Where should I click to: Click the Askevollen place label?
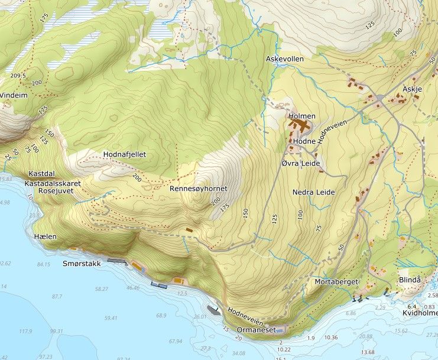(x=284, y=59)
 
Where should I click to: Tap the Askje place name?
(x=412, y=89)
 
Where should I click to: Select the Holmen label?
(x=302, y=116)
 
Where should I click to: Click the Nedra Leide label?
(x=313, y=192)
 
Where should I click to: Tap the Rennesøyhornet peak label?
(x=198, y=189)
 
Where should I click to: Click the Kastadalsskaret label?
(x=53, y=183)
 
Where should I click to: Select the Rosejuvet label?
(x=54, y=192)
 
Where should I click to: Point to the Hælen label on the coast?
(x=46, y=236)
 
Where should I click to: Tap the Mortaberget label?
(x=336, y=282)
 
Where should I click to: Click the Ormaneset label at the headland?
(x=256, y=330)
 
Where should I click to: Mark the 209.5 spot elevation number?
(x=18, y=76)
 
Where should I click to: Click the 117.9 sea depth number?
(x=25, y=332)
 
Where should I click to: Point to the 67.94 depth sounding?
(x=175, y=341)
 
